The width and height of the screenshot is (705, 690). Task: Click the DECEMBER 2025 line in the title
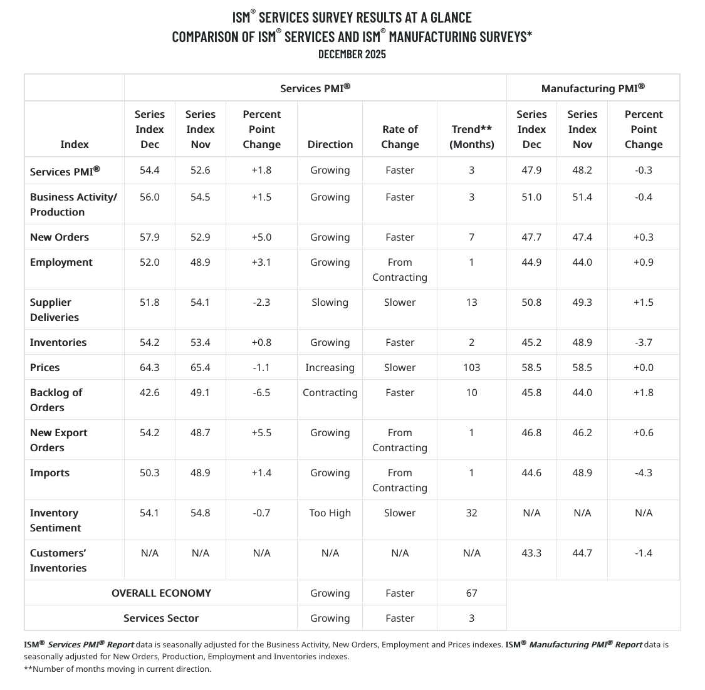[352, 54]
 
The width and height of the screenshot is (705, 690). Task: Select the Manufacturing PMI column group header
[593, 88]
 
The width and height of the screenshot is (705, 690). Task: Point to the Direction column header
[330, 144]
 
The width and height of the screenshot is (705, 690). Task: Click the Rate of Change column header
[400, 137]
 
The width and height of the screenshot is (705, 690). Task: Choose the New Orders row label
[60, 237]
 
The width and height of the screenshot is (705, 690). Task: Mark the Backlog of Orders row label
[56, 400]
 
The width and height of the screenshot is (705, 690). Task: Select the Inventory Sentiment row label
[55, 520]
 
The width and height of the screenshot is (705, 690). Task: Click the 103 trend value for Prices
[471, 367]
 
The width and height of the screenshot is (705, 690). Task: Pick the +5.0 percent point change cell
[261, 237]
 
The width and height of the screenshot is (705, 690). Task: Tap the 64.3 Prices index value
[150, 367]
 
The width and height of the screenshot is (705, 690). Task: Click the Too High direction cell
[330, 513]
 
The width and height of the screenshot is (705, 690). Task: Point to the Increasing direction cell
[330, 367]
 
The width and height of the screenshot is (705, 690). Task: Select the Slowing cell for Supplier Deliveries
[330, 302]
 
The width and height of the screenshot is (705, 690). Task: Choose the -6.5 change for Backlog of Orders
[261, 392]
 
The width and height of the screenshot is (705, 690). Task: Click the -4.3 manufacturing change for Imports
[644, 473]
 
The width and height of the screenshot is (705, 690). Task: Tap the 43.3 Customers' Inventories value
[531, 553]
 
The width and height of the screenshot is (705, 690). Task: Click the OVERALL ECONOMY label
[161, 593]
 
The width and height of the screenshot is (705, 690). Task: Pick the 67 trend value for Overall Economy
[471, 593]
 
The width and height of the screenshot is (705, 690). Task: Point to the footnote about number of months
[118, 669]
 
